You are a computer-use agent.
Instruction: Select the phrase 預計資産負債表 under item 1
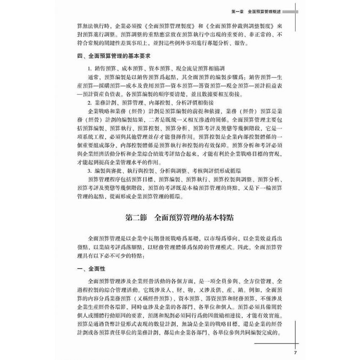(99, 94)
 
